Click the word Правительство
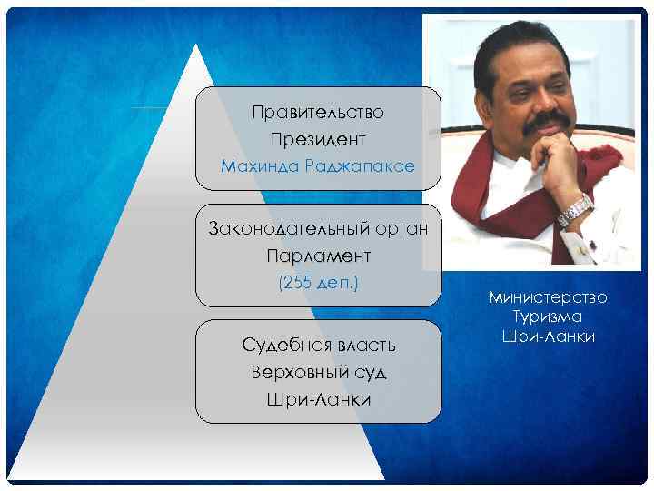point(318,113)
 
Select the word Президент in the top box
point(318,140)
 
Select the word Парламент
point(318,256)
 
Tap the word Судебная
point(279,346)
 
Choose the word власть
point(363,346)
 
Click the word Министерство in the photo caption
point(547,297)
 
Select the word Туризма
point(547,316)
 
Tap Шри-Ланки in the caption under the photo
point(547,336)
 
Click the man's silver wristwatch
point(574,211)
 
